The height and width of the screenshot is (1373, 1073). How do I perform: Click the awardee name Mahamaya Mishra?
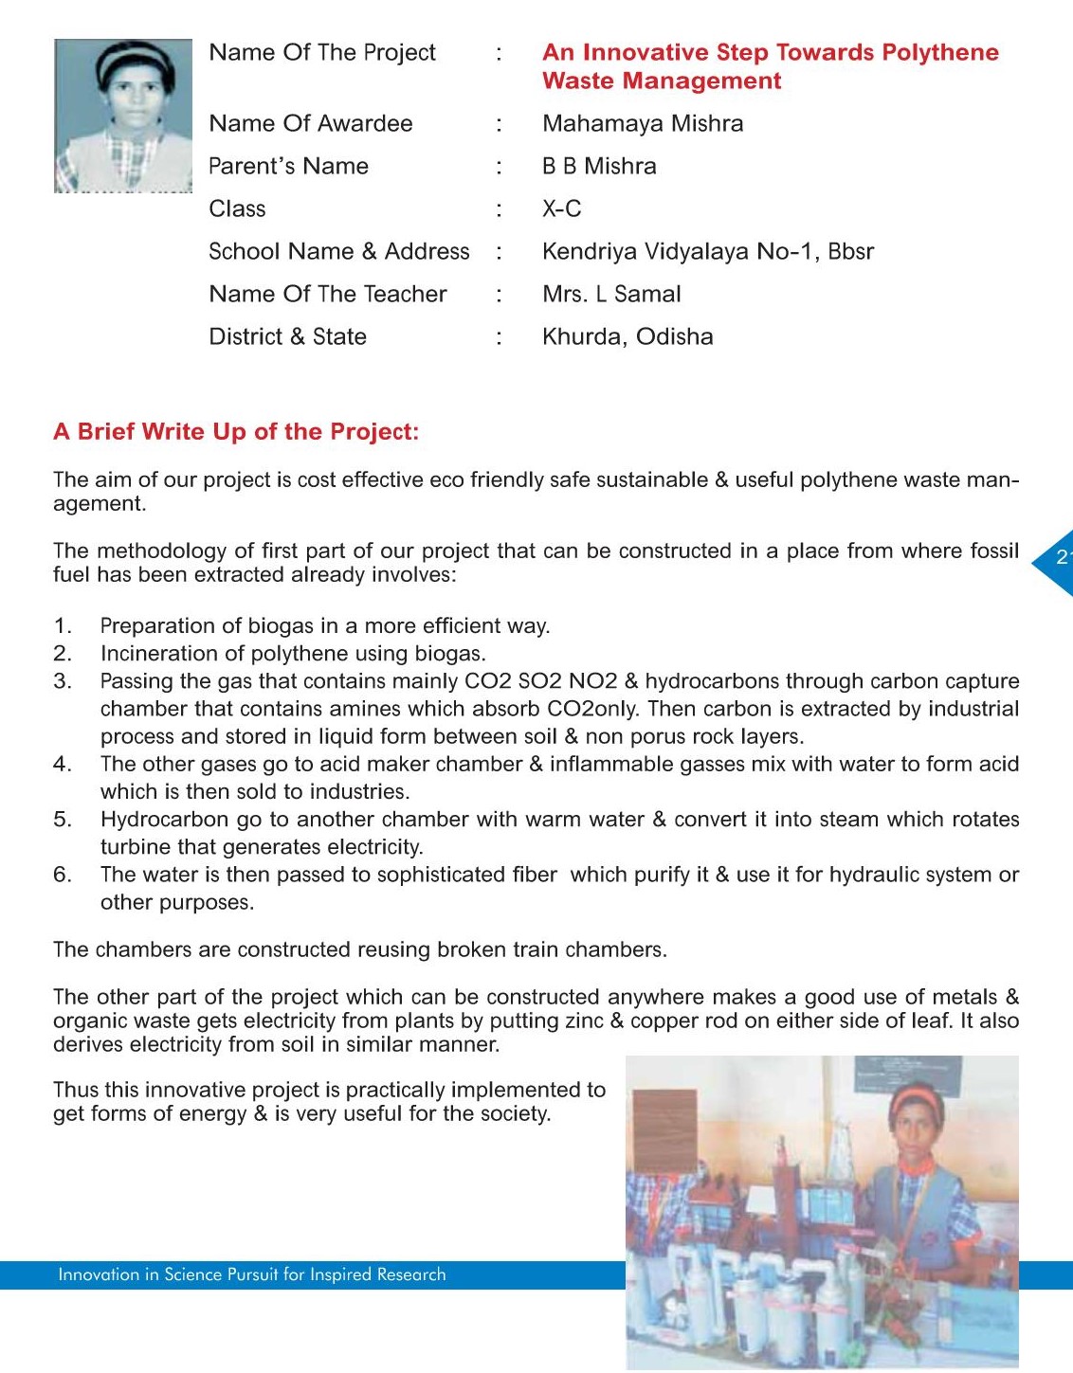pyautogui.click(x=642, y=124)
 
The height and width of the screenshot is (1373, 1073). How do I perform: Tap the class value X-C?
pyautogui.click(x=561, y=208)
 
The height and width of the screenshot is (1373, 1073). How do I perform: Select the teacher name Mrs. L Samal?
pyautogui.click(x=611, y=295)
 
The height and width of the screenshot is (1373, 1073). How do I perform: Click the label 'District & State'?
pyautogui.click(x=287, y=336)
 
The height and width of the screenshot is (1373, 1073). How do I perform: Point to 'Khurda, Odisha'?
pyautogui.click(x=627, y=336)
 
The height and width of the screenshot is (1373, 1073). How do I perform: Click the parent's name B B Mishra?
pyautogui.click(x=599, y=167)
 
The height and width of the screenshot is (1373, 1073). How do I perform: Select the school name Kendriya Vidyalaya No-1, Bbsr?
pyautogui.click(x=707, y=252)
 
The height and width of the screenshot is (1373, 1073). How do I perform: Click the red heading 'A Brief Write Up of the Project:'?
pyautogui.click(x=236, y=432)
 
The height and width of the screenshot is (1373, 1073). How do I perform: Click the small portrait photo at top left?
pyautogui.click(x=123, y=116)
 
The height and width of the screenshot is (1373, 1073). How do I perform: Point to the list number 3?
pyautogui.click(x=62, y=681)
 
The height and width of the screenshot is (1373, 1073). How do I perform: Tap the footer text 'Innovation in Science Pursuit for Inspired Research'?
pyautogui.click(x=251, y=1275)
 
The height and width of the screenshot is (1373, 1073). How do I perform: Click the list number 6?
pyautogui.click(x=62, y=875)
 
